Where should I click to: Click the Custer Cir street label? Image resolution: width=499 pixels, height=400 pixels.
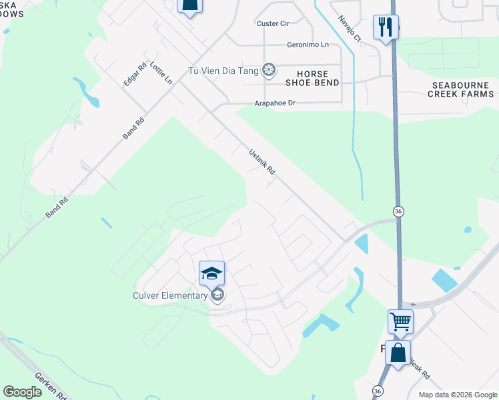coord(273,23)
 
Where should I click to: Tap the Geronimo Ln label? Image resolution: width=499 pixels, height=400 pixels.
coord(308,45)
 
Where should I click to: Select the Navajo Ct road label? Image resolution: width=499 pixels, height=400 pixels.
coord(349,29)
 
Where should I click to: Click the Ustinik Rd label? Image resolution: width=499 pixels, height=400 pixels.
coord(262,162)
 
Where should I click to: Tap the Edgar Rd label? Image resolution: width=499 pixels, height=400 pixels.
coord(135,74)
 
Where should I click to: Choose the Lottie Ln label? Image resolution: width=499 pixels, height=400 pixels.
coord(161,73)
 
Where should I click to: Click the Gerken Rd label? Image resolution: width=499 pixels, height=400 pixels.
coord(52,385)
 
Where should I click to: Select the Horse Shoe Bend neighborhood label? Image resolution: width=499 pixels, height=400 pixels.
coord(312,77)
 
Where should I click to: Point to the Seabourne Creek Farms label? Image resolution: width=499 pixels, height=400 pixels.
coord(463,89)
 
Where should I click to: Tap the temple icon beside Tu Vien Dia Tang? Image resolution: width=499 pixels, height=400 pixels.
coord(268,69)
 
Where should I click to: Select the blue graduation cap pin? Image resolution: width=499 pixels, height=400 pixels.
coord(211,273)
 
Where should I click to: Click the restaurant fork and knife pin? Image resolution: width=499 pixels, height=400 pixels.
coord(386,27)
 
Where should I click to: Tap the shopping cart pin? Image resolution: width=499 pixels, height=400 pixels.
coord(400,321)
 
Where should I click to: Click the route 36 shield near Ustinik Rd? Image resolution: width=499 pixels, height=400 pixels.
coord(398,211)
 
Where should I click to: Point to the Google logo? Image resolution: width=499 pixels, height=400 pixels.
coord(23,392)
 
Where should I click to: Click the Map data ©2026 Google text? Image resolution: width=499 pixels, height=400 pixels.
coord(457,395)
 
